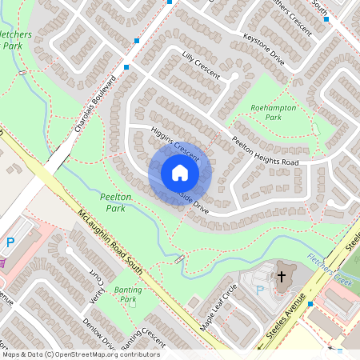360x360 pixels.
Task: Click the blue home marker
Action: coord(180,173)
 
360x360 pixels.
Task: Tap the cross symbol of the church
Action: coord(281,277)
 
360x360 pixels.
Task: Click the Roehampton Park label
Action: coord(274,112)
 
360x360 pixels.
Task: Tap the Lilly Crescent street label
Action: coord(201,66)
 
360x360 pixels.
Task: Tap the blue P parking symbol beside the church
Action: coord(258,290)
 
